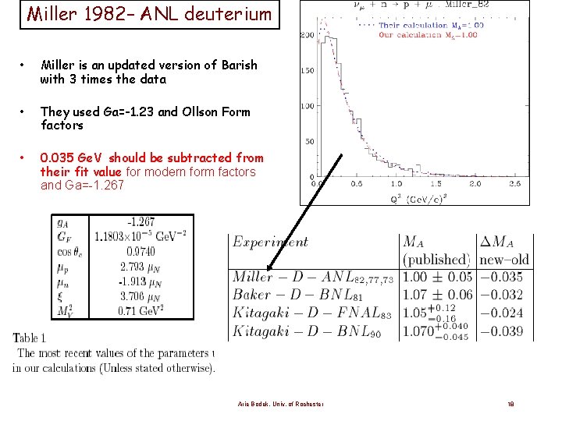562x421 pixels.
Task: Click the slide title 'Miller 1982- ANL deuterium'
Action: point(149,14)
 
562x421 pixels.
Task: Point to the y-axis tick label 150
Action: point(308,71)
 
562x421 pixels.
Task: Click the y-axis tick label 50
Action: point(310,141)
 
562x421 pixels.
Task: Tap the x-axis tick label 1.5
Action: point(436,184)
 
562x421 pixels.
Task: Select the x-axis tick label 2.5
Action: point(514,184)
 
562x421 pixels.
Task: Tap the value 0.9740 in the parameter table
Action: point(140,251)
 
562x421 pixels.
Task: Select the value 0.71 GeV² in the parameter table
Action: point(140,310)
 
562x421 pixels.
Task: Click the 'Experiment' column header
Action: point(270,242)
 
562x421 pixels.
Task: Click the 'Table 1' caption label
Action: point(30,338)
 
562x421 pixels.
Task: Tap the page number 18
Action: point(510,404)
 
